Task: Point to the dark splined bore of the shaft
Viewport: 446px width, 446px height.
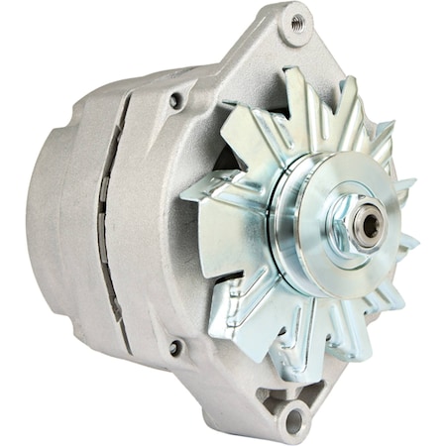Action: click(x=370, y=225)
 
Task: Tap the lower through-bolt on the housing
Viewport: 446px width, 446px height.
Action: click(x=175, y=347)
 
